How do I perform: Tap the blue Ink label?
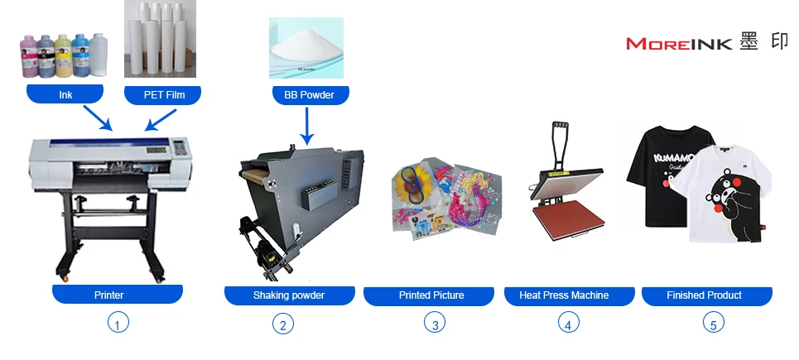click(65, 94)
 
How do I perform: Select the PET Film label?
click(162, 94)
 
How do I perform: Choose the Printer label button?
click(117, 295)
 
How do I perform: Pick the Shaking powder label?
click(289, 295)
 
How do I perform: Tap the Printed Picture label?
click(431, 295)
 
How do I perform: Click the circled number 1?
click(118, 324)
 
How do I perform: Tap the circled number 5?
click(713, 324)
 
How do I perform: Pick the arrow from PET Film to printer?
click(160, 118)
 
